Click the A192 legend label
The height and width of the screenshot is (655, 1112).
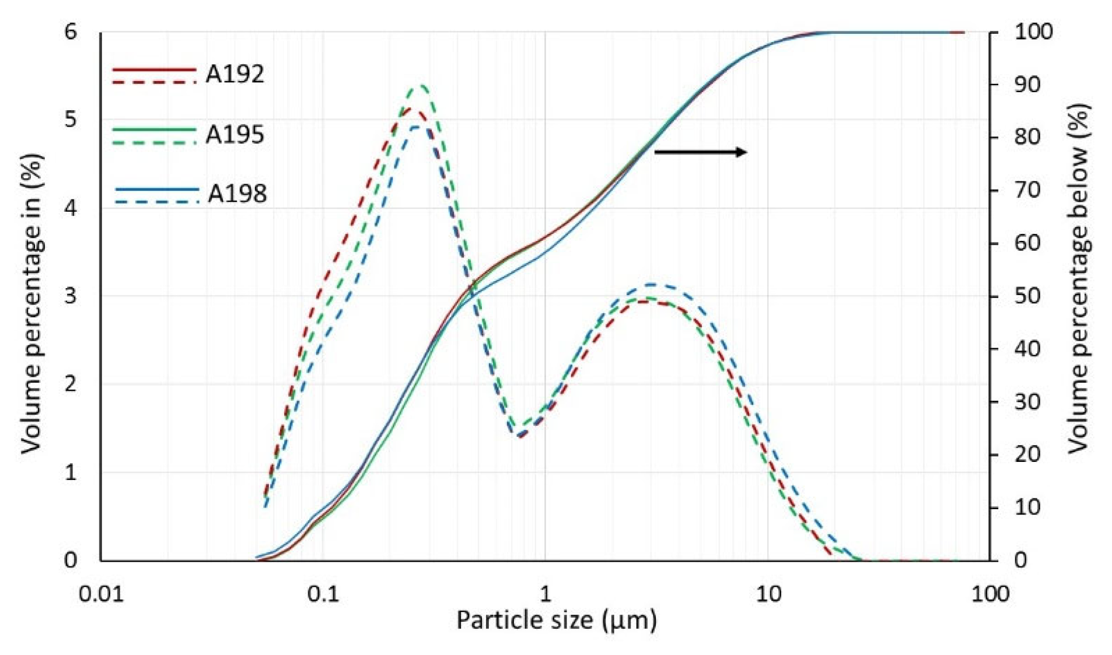coord(235,74)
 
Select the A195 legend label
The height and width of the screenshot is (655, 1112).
coord(235,135)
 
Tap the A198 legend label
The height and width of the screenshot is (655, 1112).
coord(237,194)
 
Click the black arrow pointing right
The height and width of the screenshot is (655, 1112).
coord(700,152)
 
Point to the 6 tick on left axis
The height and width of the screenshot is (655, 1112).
coord(71,31)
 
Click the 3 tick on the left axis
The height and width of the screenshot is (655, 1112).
coord(71,296)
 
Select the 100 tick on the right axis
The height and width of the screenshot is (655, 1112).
coord(1033,31)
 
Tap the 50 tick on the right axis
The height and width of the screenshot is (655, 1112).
coord(1027,296)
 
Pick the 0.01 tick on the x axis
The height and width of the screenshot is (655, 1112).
coord(102,594)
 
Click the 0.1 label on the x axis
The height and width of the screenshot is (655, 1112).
coord(323,594)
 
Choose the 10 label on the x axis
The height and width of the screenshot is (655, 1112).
coord(768,594)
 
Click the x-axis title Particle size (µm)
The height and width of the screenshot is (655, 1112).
coord(556,619)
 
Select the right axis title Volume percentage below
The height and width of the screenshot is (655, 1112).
coord(1079,279)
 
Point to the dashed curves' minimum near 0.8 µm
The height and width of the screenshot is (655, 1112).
coord(516,435)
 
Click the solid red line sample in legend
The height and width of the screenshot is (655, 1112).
coord(154,69)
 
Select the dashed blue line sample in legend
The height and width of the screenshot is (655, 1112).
coord(156,202)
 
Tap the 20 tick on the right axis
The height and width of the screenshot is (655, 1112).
coord(1027,454)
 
